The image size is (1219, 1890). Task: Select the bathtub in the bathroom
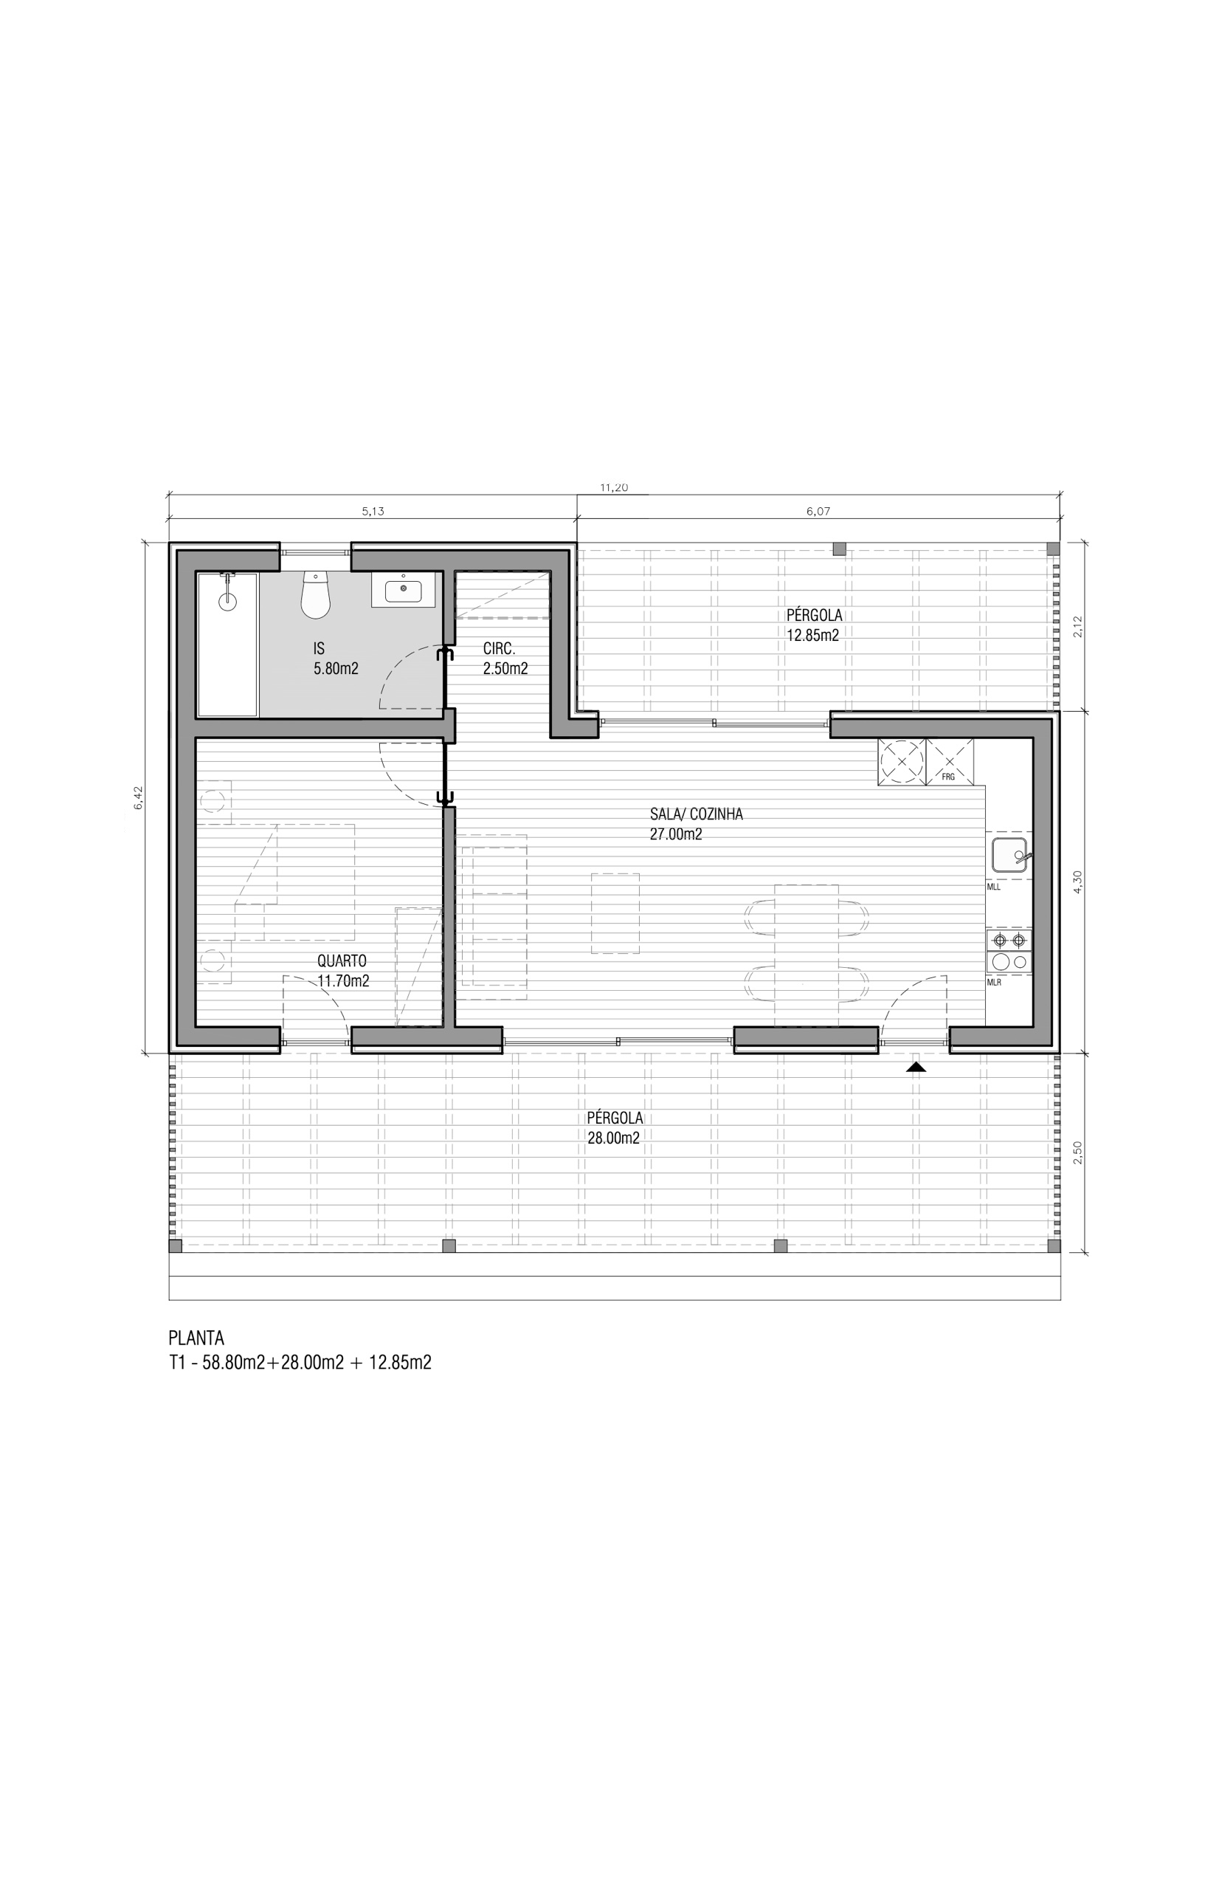[x=227, y=645]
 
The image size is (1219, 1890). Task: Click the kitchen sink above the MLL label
[x=1009, y=855]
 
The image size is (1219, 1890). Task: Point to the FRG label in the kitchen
[x=948, y=777]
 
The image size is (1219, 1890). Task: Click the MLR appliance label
[x=994, y=983]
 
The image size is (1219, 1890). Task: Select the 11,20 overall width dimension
[x=613, y=488]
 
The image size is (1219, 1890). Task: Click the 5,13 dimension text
[x=373, y=512]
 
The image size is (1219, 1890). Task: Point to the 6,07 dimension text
[x=818, y=512]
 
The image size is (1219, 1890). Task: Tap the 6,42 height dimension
[x=138, y=797]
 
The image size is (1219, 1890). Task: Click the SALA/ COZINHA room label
[x=697, y=814]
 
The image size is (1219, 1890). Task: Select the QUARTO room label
[x=342, y=961]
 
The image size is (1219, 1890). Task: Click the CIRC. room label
[x=499, y=649]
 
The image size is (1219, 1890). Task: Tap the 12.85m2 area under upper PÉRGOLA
[x=813, y=635]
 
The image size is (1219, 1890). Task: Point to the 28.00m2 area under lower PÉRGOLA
[x=613, y=1138]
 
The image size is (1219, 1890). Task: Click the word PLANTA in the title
[x=196, y=1338]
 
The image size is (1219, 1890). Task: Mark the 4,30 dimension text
[x=1077, y=882]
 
